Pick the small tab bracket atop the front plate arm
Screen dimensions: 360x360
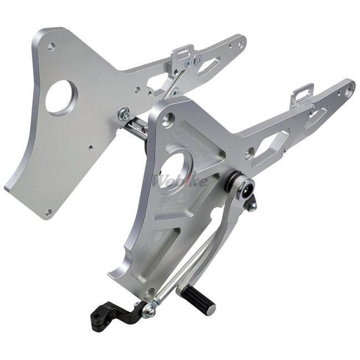tap(302, 95)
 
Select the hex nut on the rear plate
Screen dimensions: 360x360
tap(124, 114)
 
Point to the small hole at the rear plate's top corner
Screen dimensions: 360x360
tap(52, 47)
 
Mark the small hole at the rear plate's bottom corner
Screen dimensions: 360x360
tap(49, 211)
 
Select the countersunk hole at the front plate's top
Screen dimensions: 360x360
tap(168, 117)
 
